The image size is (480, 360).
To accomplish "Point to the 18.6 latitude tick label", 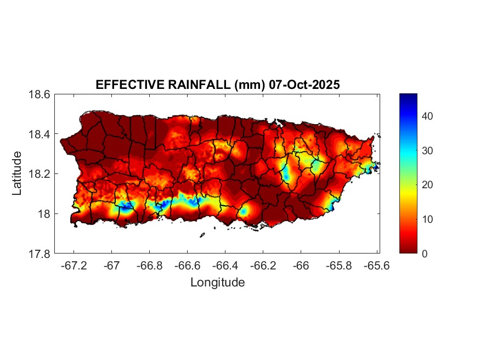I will (x=39, y=94).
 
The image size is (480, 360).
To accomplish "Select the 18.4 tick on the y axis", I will (x=39, y=134).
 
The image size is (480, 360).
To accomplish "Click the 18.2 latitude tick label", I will (x=39, y=174).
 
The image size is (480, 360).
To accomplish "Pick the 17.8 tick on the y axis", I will (x=39, y=254).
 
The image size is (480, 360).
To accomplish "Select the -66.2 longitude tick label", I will (x=263, y=265).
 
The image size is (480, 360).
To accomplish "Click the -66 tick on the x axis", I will (x=301, y=265).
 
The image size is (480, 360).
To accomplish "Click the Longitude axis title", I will (x=217, y=283).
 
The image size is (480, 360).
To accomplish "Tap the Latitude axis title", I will (x=18, y=173).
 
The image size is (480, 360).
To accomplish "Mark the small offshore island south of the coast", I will (x=202, y=235).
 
